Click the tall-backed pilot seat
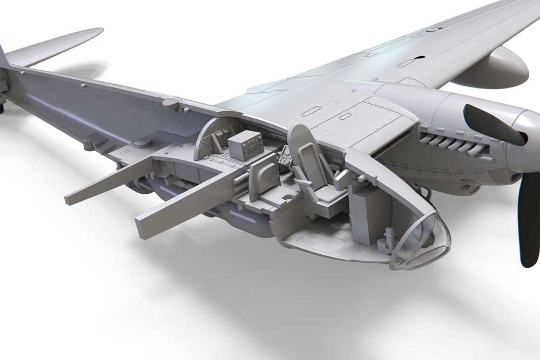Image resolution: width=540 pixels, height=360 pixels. [x=313, y=167]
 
